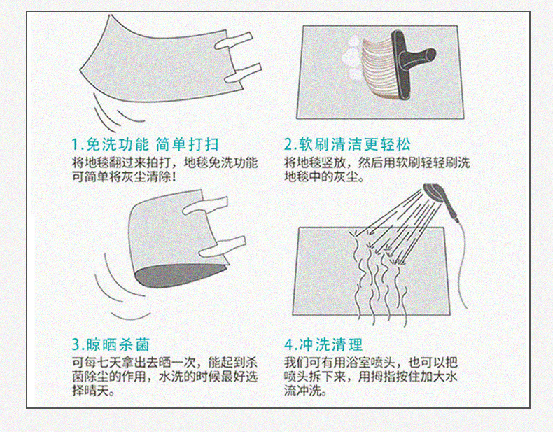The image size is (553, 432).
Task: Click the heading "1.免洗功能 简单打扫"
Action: [146, 145]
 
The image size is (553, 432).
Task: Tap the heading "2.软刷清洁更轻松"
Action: [348, 145]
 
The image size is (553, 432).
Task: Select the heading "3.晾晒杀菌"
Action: [111, 344]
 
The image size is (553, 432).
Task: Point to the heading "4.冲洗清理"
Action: [323, 344]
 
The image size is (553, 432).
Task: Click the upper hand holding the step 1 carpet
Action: [234, 41]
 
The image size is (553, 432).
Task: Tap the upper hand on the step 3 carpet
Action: [205, 206]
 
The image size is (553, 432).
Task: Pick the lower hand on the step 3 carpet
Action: [222, 247]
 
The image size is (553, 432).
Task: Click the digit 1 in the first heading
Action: [75, 145]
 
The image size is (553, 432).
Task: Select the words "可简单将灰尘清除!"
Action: [124, 176]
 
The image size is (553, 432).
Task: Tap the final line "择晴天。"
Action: [94, 391]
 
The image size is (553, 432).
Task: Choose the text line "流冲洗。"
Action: [306, 391]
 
